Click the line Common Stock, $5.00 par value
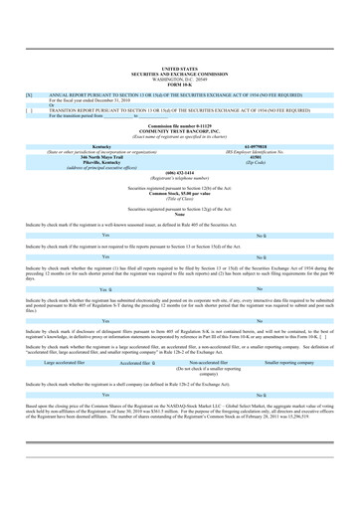tap(180, 191)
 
